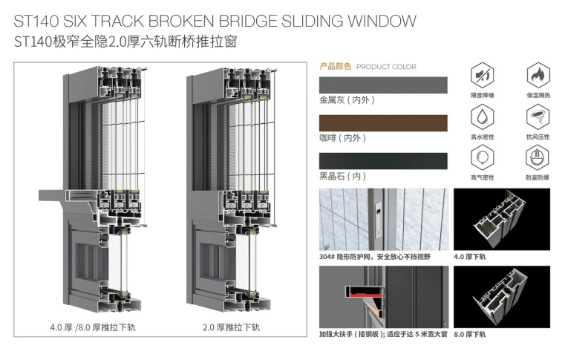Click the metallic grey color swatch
[383, 85]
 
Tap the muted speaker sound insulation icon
[483, 76]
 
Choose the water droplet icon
[483, 117]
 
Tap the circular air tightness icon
[483, 158]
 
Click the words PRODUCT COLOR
[387, 67]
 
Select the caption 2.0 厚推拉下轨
[231, 327]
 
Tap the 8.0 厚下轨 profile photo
[501, 297]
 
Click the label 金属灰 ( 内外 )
[342, 99]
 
